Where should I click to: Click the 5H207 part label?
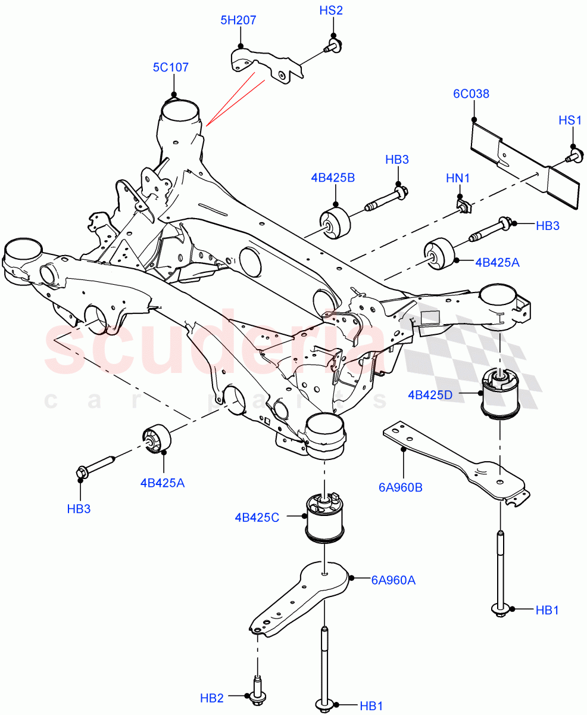pos(238,20)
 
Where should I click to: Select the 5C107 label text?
pos(170,67)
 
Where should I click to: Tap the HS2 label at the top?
pos(332,10)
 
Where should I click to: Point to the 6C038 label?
pos(471,94)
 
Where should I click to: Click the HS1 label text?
pos(570,120)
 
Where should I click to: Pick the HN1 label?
pos(458,178)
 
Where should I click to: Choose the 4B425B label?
pos(332,177)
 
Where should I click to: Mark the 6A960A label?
pos(393,579)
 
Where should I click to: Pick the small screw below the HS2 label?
pos(332,46)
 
